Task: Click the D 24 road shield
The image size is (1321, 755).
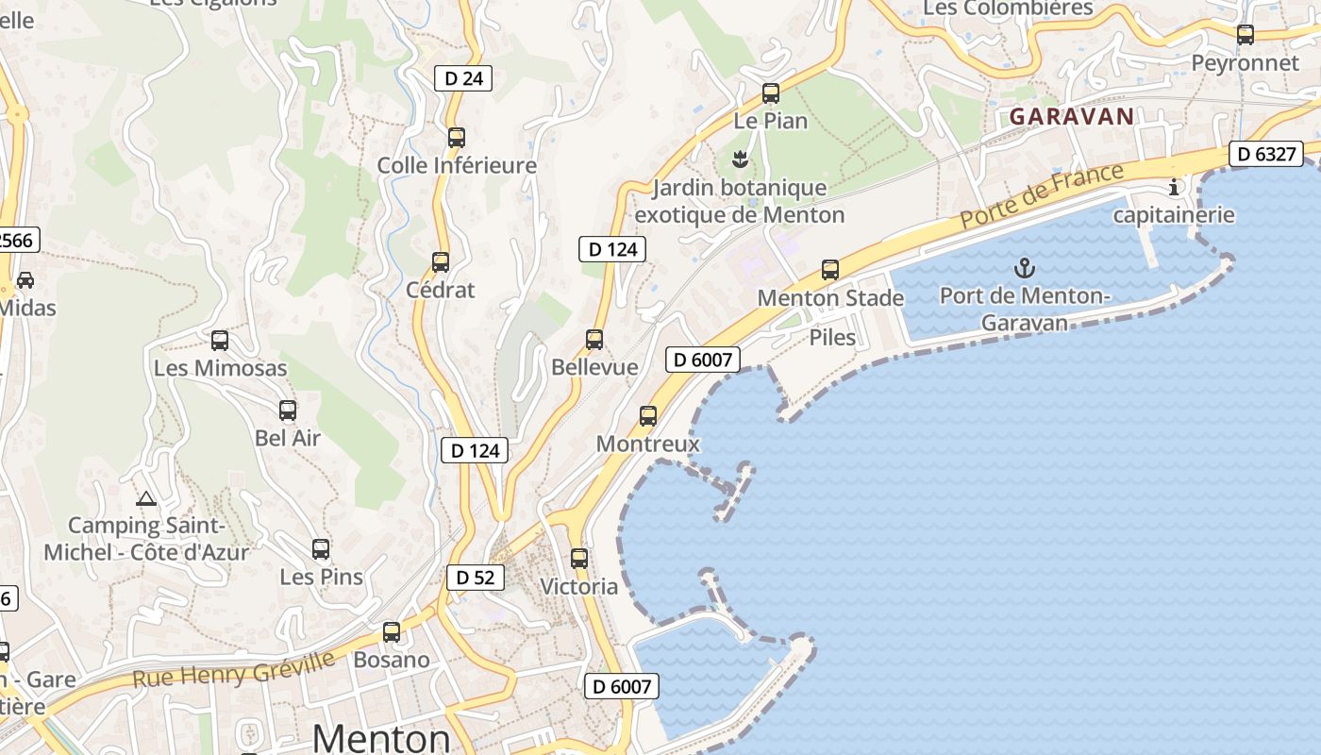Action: point(463,78)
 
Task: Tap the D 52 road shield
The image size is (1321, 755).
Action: point(475,578)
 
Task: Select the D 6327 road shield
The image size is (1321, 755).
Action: point(1266,154)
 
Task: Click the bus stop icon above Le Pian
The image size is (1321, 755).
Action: point(771,93)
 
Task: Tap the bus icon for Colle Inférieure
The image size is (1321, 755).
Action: point(457,138)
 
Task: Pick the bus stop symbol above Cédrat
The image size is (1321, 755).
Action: point(441,262)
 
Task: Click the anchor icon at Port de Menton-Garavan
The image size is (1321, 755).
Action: point(1025,268)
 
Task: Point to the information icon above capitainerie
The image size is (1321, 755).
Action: point(1174,187)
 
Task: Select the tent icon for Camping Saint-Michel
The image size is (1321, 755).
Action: point(145,498)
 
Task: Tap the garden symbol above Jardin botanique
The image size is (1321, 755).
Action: point(740,159)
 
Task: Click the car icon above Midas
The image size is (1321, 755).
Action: point(25,280)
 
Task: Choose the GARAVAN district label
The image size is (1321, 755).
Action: point(1071,117)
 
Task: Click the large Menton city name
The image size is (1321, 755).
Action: point(381,737)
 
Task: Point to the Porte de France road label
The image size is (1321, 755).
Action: point(1044,194)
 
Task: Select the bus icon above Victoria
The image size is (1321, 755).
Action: point(579,559)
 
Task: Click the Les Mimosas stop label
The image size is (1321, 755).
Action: point(220,368)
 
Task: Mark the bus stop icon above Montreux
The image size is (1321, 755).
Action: point(648,416)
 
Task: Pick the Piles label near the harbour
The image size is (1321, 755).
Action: point(833,338)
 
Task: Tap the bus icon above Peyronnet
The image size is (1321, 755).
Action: point(1246,35)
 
